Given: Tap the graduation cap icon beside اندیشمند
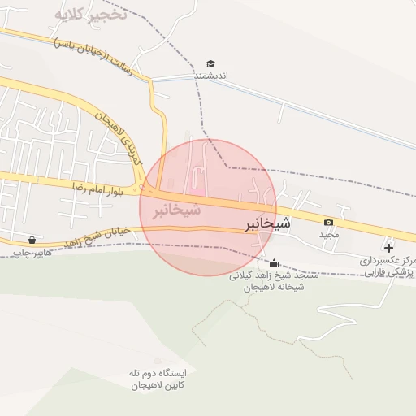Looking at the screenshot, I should pyautogui.click(x=210, y=63).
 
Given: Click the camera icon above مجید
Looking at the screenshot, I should pyautogui.click(x=328, y=222).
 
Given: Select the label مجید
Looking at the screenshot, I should pyautogui.click(x=328, y=234).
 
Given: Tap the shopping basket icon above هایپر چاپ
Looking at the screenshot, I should pyautogui.click(x=32, y=240).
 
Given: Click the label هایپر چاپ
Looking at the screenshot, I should pyautogui.click(x=32, y=253).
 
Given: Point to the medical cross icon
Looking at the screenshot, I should pyautogui.click(x=388, y=247).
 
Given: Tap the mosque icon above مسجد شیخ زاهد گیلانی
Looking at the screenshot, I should pyautogui.click(x=274, y=262).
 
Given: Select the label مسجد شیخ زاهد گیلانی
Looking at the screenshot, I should pyautogui.click(x=268, y=275).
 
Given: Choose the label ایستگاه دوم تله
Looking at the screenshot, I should pyautogui.click(x=158, y=372).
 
